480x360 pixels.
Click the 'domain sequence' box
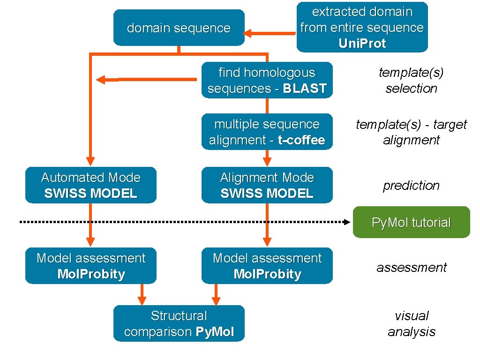click(179, 28)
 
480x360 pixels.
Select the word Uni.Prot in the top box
click(362, 44)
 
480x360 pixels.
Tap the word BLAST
click(304, 89)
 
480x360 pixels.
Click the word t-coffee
click(301, 140)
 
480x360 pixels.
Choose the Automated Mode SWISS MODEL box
click(90, 185)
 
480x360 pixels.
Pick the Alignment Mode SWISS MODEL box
click(267, 185)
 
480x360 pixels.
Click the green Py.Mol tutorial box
click(411, 222)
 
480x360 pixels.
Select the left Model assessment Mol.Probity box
click(90, 266)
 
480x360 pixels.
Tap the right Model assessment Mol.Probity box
click(267, 266)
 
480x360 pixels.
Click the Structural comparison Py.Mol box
click(179, 323)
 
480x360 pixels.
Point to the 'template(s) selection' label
click(411, 80)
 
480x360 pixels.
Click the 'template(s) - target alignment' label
click(411, 132)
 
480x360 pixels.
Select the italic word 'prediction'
click(411, 186)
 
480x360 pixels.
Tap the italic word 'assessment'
click(411, 267)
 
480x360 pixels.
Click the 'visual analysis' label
click(411, 323)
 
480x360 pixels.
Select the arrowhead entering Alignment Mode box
click(267, 162)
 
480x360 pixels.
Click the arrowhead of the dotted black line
click(347, 223)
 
